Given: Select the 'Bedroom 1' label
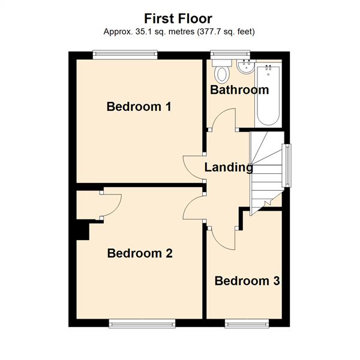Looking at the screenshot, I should point(139,107).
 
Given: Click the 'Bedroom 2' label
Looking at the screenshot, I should point(140,253).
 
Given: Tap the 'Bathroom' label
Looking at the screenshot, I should point(239,90).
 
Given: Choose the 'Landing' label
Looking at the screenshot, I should point(229,167).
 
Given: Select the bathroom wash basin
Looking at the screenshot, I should point(245,68).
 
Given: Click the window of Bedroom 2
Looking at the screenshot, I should point(142,324).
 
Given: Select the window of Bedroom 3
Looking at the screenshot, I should point(247,324).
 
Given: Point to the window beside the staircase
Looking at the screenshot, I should point(287,165).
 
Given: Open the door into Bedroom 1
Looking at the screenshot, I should point(193,166).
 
